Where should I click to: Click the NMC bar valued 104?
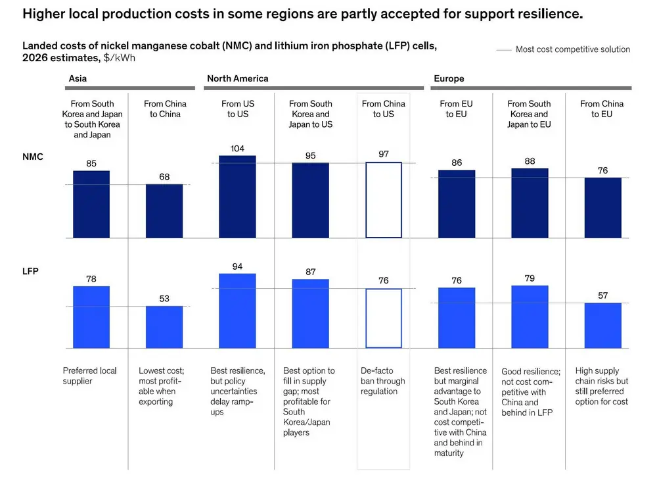tap(237, 197)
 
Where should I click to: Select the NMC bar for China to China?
tap(164, 211)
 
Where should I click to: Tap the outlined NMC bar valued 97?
tap(384, 199)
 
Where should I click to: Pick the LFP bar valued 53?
tap(164, 327)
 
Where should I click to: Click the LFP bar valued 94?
tap(237, 311)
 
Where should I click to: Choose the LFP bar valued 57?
tap(602, 325)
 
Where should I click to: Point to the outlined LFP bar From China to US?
tap(384, 318)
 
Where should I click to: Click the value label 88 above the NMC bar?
tap(530, 161)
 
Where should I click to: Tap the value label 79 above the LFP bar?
tap(530, 278)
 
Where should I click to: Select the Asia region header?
tap(78, 78)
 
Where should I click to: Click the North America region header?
tap(237, 78)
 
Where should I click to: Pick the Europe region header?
tap(449, 78)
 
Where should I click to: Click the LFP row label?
tap(31, 270)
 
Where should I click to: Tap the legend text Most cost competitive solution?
tap(572, 49)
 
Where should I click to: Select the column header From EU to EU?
tap(457, 109)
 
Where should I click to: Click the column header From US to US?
tap(237, 109)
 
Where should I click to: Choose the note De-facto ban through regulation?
tap(383, 381)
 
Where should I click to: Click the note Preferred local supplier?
tap(89, 376)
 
